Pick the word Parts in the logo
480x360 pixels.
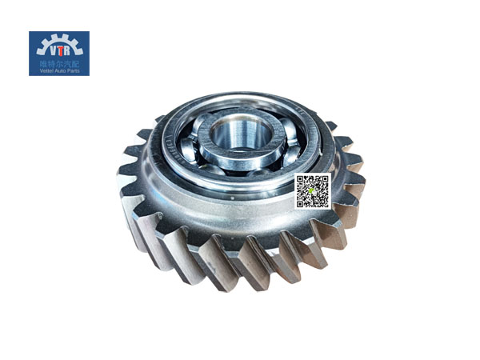coord(74,70)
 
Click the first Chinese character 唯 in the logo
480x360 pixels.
coord(42,62)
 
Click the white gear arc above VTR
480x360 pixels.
coord(59,38)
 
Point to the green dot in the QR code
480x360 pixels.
coord(312,191)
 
